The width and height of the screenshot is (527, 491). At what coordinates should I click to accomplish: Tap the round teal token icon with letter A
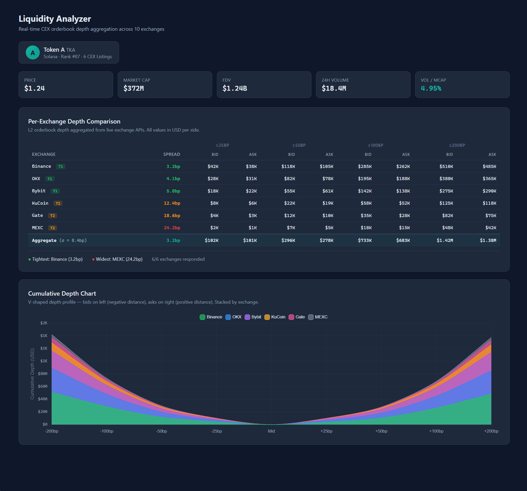33,52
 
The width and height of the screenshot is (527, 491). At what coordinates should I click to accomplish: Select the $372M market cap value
133,88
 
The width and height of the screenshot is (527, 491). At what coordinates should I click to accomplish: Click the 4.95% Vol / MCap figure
431,88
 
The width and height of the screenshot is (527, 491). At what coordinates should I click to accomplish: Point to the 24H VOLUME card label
335,80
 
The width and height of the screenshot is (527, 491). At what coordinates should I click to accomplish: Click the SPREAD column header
171,154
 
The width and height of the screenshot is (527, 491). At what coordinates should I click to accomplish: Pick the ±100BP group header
375,145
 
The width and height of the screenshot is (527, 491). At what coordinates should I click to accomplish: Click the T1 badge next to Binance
61,167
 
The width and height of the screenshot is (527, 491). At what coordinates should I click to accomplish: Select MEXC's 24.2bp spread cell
172,228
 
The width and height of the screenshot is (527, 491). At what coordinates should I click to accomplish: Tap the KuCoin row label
40,203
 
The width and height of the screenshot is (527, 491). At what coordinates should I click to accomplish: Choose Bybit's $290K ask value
489,191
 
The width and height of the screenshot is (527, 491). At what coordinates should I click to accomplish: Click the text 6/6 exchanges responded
178,259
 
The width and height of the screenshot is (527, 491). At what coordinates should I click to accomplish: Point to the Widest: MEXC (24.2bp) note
119,259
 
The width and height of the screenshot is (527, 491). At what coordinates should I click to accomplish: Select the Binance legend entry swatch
202,317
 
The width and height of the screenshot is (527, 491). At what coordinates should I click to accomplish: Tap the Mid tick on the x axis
271,431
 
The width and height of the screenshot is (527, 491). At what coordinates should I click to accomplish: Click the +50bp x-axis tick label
381,431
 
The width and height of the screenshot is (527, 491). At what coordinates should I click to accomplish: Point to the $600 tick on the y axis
42,386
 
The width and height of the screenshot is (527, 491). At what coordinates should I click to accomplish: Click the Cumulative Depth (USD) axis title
32,373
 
